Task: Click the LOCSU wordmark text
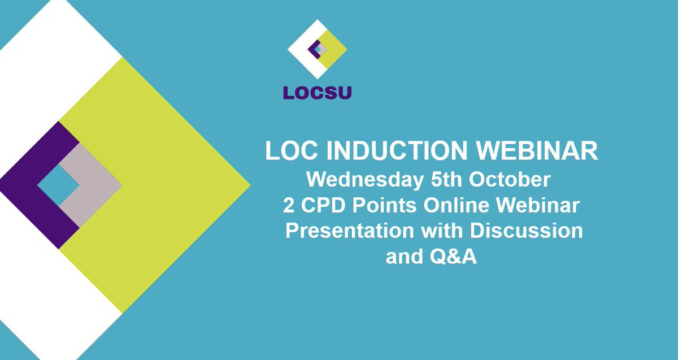coord(317,92)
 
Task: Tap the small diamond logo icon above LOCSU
coord(317,49)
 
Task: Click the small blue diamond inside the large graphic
coord(59,185)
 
